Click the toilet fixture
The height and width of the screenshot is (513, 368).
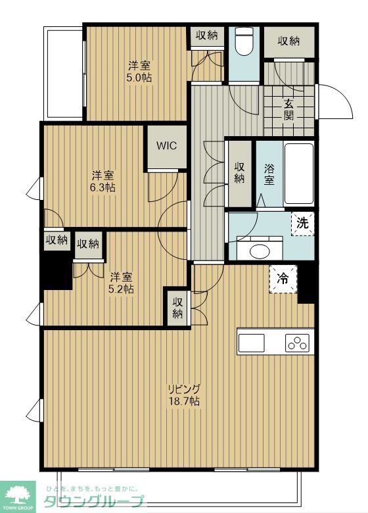point(244,41)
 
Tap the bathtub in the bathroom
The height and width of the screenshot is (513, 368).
point(299,174)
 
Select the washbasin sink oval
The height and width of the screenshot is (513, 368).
point(260,252)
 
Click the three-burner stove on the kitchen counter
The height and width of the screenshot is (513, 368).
point(297,343)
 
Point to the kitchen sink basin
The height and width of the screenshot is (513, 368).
point(251,343)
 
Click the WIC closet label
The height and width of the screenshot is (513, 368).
point(167,145)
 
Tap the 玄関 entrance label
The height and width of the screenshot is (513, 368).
point(288,109)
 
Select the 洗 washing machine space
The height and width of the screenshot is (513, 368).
point(303,224)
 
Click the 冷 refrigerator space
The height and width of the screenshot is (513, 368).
point(283,279)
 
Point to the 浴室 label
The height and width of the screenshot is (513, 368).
point(269,174)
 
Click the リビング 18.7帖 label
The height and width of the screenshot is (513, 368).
point(184,395)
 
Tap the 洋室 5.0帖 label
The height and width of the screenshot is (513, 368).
point(139,71)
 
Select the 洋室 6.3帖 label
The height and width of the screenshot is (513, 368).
point(103,182)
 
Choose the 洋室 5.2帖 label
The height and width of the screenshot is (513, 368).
point(122,283)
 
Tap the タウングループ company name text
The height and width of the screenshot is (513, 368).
point(93,501)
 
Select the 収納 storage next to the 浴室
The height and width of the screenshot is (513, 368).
point(240,174)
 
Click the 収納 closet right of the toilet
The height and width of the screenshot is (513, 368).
point(289,41)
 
